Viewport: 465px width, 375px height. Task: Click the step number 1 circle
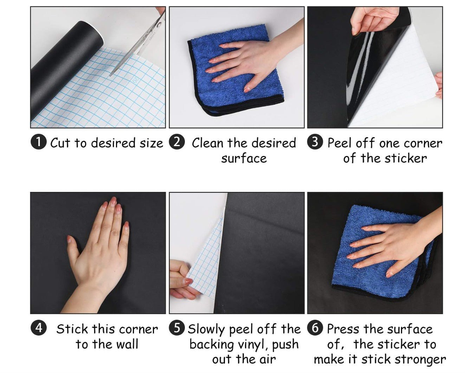39,142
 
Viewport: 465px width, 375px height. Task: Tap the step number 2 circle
177,142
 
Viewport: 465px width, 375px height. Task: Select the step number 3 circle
315,142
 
